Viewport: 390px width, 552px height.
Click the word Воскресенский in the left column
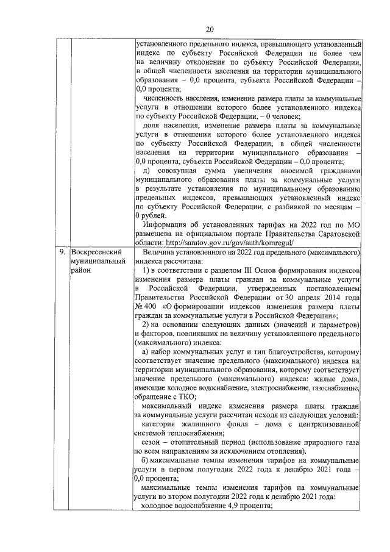97,251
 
